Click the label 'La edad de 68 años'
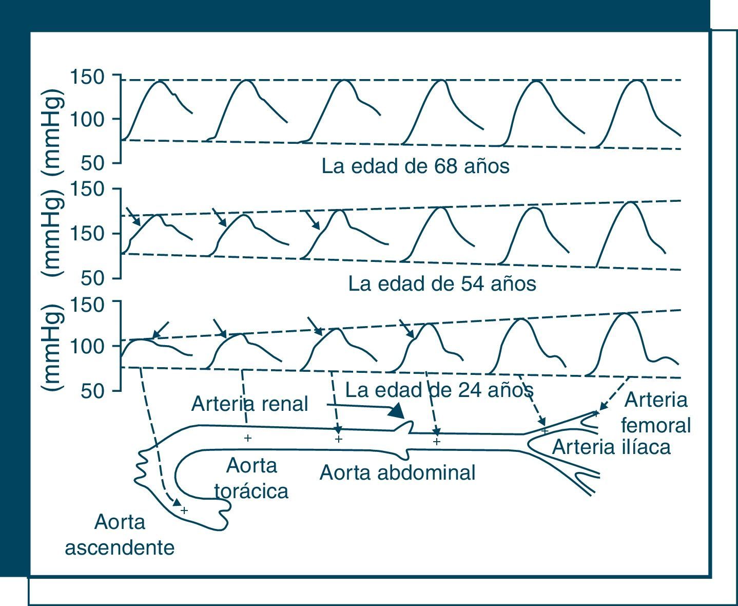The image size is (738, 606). [415, 166]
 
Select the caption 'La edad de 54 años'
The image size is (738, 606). [442, 283]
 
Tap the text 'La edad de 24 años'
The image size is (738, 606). [439, 390]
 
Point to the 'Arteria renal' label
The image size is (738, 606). [249, 404]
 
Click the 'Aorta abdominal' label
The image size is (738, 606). [397, 472]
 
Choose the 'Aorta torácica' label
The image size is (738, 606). [251, 479]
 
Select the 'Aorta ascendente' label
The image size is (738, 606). [120, 535]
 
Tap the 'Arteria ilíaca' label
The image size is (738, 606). [611, 447]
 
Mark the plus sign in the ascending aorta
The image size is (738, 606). [184, 510]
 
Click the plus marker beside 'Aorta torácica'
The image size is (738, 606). [248, 438]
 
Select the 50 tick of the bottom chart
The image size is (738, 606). [93, 391]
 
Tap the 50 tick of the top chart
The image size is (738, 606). [93, 163]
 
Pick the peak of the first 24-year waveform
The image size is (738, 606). [142, 339]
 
